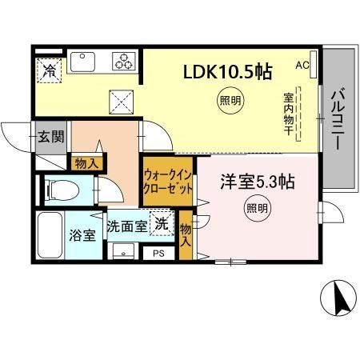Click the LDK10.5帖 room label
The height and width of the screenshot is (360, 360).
coord(228,70)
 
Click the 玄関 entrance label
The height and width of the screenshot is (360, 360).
coord(50,136)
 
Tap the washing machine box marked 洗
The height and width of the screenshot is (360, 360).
coord(162,224)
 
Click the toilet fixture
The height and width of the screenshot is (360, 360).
coord(59,191)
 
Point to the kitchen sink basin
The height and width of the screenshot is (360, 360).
coord(82,62)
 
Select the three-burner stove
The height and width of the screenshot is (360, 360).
coord(124,61)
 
